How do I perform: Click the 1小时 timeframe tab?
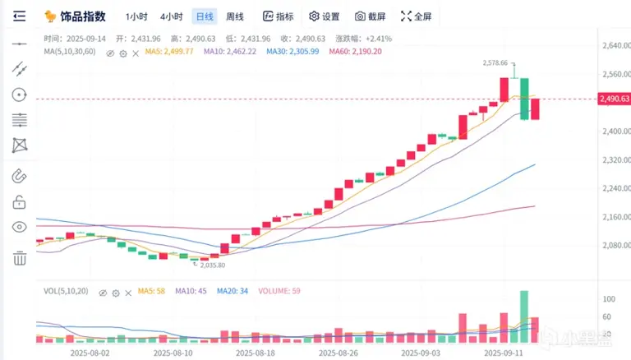137,16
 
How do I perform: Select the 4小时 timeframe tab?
171,16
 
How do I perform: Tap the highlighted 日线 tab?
204,16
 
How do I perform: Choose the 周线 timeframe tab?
235,16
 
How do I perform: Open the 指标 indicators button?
278,16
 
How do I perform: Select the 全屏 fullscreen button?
416,16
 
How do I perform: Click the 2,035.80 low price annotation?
210,265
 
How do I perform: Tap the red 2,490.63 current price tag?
615,99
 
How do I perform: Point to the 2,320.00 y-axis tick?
615,159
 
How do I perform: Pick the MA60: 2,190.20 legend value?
356,52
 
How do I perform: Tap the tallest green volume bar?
523,316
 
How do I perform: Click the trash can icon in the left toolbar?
19,259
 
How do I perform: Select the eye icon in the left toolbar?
19,227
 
